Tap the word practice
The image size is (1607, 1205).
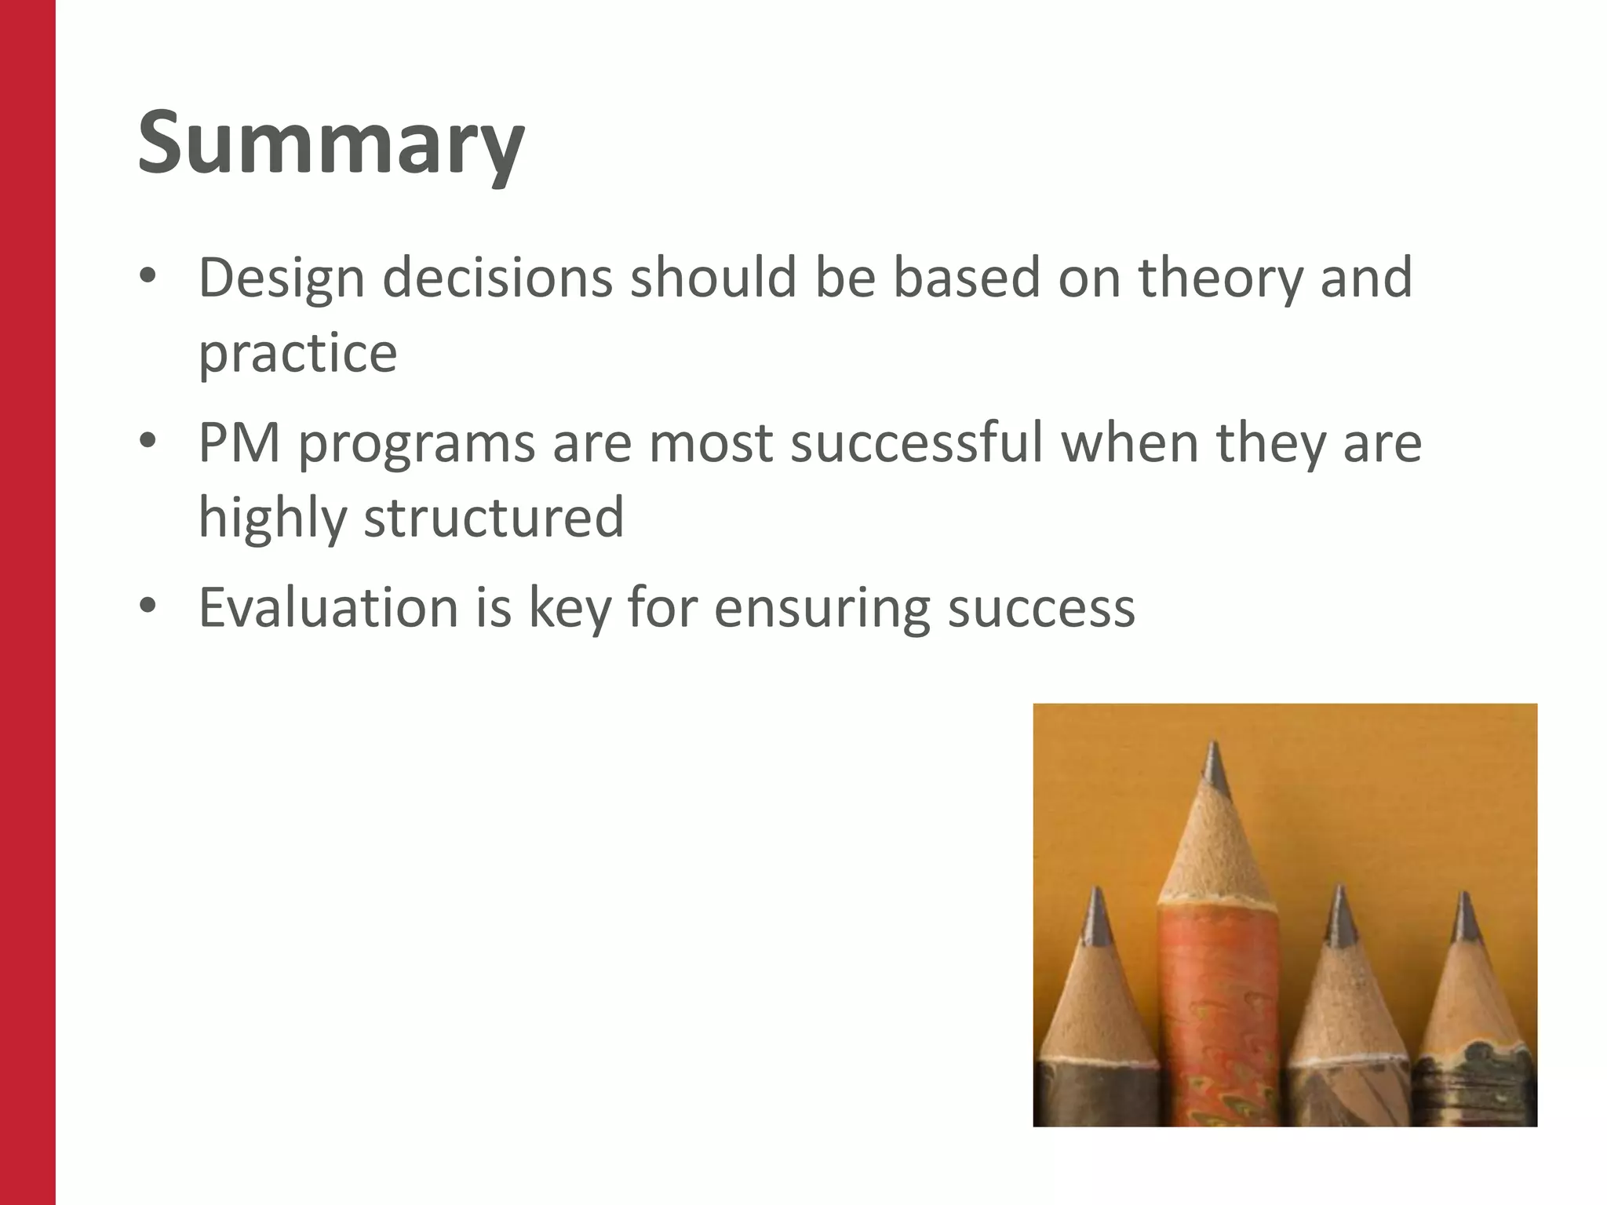297,353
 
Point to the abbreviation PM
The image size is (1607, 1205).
239,442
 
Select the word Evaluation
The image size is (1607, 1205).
328,607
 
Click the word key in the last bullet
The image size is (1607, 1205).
570,607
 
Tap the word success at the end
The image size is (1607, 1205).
1041,607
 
